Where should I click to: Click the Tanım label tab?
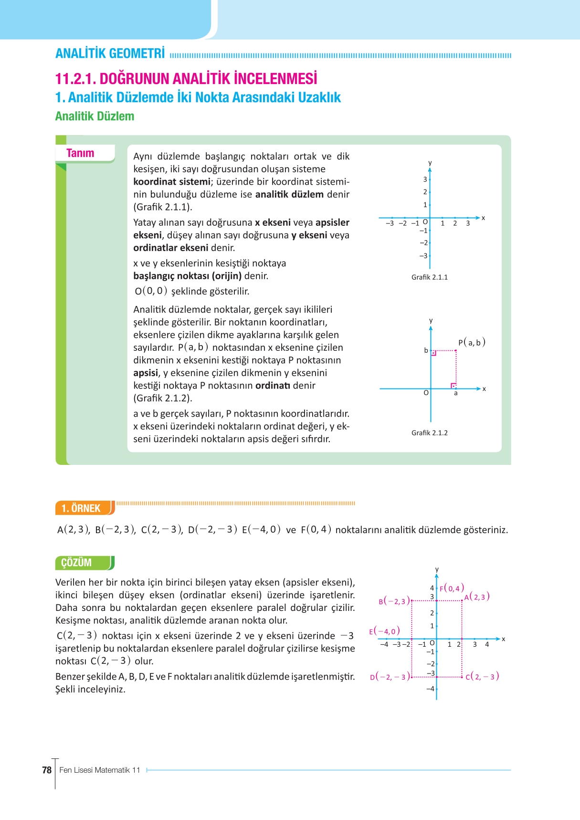pyautogui.click(x=81, y=153)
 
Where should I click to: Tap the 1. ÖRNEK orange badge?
pyautogui.click(x=81, y=508)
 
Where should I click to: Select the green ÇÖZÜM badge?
pyautogui.click(x=77, y=562)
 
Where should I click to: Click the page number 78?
pyautogui.click(x=47, y=770)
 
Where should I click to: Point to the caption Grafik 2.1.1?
pyautogui.click(x=429, y=277)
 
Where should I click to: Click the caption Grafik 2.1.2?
pyautogui.click(x=429, y=433)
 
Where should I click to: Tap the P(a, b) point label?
pyautogui.click(x=472, y=342)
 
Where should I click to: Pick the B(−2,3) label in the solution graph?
pyautogui.click(x=394, y=601)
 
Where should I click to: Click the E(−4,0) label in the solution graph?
pyautogui.click(x=384, y=631)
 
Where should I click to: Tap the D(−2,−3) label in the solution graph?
pyautogui.click(x=390, y=677)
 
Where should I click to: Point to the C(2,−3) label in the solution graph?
pyautogui.click(x=482, y=676)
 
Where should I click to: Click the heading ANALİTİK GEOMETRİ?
pyautogui.click(x=110, y=53)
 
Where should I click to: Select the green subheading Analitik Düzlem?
pyautogui.click(x=95, y=116)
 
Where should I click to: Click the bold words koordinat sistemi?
pyautogui.click(x=171, y=182)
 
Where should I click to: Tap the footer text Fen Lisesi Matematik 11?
pyautogui.click(x=100, y=770)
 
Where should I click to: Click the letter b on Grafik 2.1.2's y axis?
pyautogui.click(x=426, y=350)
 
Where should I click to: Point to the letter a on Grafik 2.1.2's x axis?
pyautogui.click(x=455, y=393)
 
